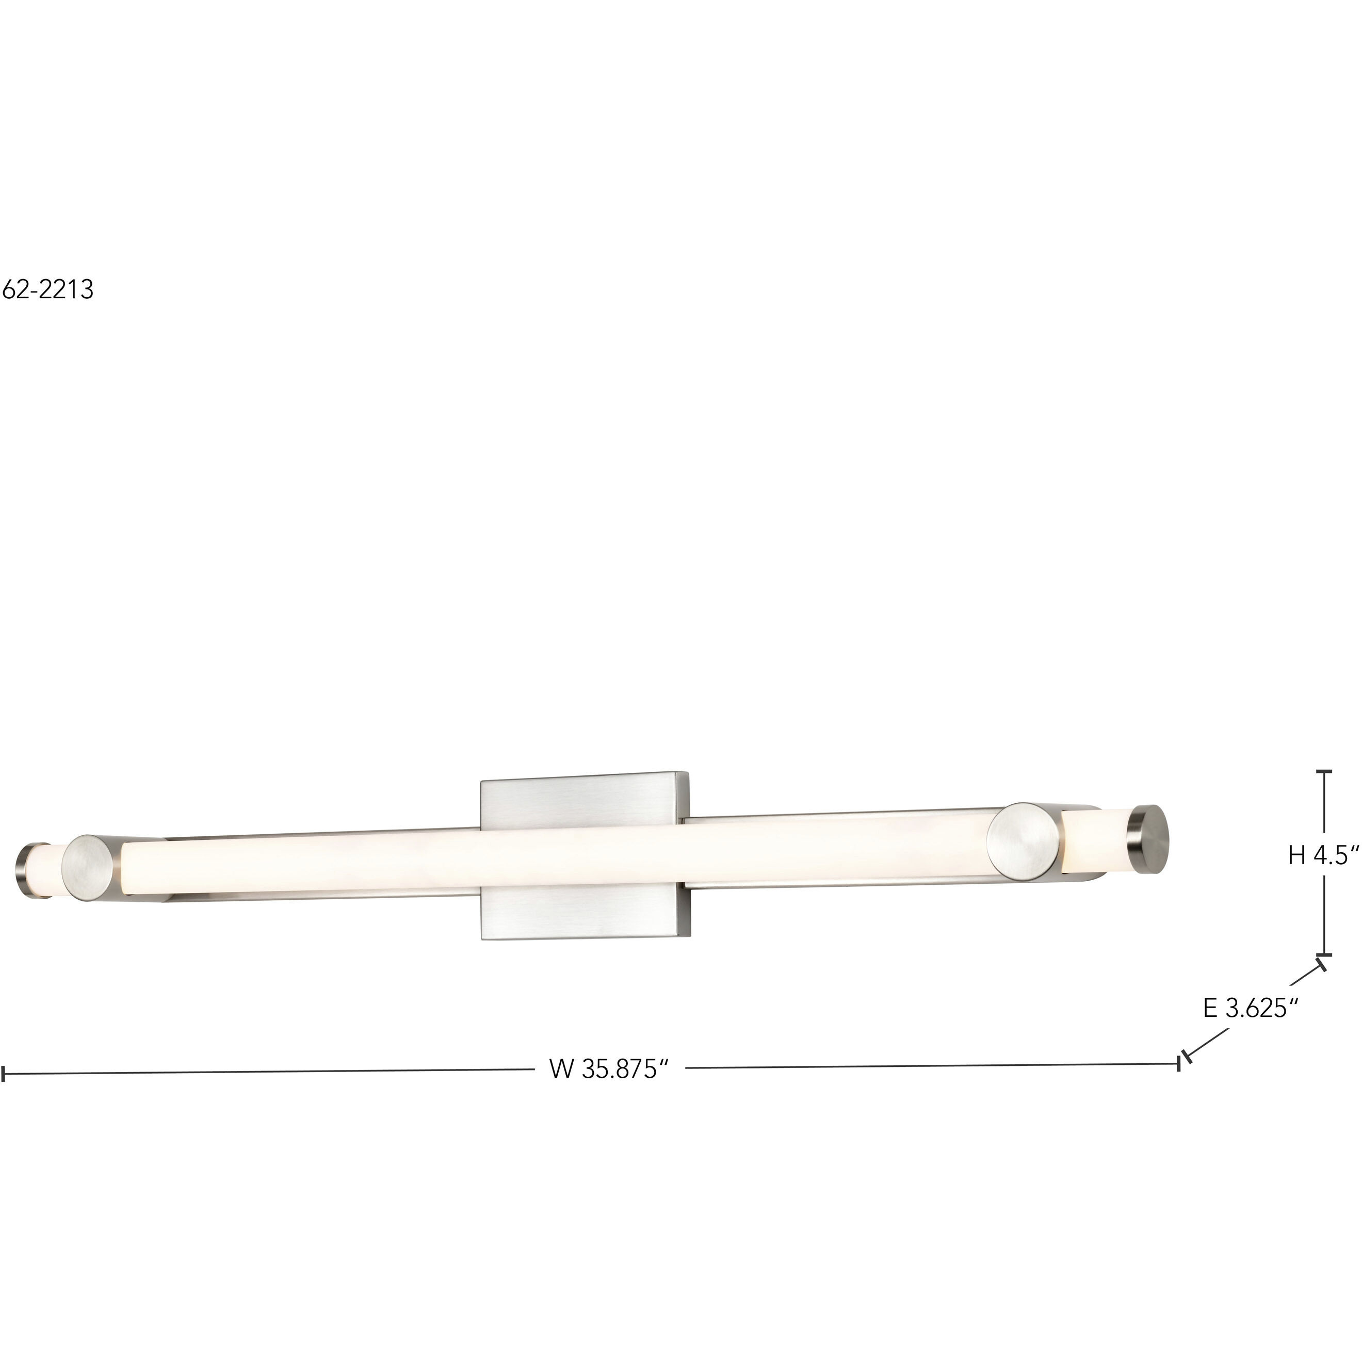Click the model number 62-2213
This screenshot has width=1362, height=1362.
coord(47,290)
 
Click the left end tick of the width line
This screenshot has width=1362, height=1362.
coord(4,1074)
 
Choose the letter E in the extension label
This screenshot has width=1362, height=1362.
coord(1210,1009)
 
